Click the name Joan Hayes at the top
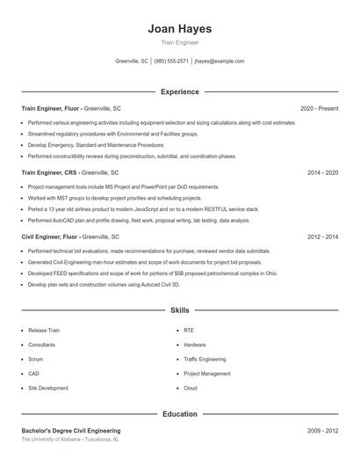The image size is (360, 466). point(179,29)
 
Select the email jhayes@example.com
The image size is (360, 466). point(220,62)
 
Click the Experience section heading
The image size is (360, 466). point(179,91)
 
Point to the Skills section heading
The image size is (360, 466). point(179,310)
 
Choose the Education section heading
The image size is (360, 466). point(179,413)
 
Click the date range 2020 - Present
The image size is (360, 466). point(319,108)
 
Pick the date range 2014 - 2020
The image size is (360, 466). point(322,172)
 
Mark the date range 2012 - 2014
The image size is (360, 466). point(322,237)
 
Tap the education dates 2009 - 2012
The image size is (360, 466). point(322,431)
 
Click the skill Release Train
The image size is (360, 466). point(43,331)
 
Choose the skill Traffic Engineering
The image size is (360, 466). point(205,359)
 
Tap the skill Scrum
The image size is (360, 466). point(35,359)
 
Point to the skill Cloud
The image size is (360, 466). point(191,388)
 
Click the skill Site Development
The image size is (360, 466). point(47,388)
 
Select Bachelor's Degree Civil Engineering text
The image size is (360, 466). point(71,431)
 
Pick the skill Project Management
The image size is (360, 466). point(207,374)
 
